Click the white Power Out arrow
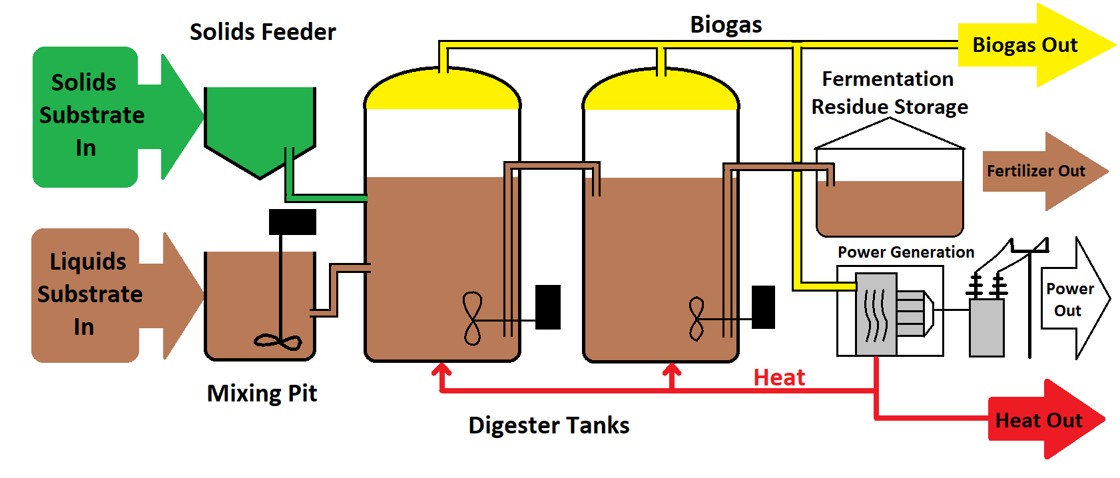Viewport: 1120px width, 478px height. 1072,299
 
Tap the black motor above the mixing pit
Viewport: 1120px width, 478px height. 292,222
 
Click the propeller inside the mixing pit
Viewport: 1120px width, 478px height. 278,342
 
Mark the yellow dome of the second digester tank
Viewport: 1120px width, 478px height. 661,92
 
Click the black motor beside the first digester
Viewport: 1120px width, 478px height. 548,307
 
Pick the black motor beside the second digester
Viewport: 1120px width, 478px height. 763,307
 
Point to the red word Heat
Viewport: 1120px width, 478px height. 779,377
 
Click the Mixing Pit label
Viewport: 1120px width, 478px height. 262,393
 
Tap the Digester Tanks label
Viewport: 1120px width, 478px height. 549,425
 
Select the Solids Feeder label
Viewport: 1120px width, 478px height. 262,32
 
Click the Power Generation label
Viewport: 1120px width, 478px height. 906,252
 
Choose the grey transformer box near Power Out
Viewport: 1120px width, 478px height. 986,328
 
